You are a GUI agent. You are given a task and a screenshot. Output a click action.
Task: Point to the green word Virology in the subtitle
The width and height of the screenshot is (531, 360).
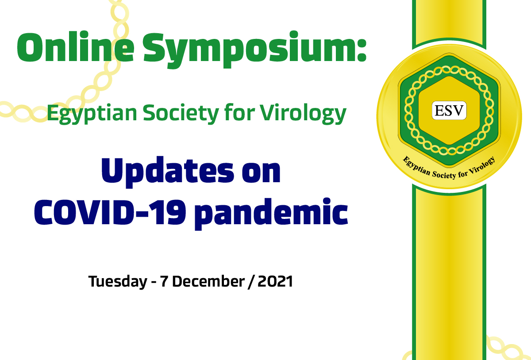click(302, 115)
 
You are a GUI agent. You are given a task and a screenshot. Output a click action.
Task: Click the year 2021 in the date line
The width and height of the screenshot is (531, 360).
click(275, 281)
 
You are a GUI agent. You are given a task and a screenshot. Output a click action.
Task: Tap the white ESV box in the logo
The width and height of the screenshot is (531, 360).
click(449, 111)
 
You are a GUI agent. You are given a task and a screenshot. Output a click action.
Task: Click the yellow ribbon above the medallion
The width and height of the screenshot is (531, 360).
click(449, 20)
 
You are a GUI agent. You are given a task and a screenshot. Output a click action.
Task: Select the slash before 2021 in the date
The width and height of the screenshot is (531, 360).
click(251, 281)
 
